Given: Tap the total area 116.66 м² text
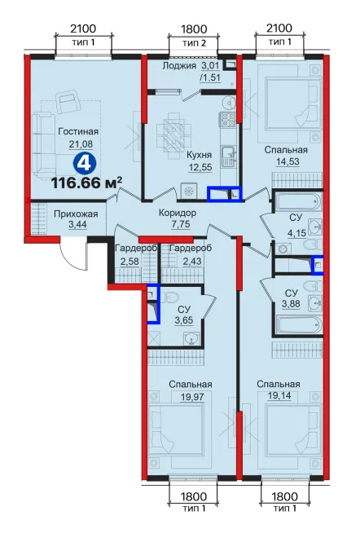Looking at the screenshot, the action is tap(86, 183).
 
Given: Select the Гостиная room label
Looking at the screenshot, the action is tap(78, 131).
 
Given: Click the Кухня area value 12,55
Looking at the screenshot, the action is tap(200, 167).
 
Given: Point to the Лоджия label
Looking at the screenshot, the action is tap(179, 65).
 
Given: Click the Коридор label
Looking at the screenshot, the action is tap(178, 214).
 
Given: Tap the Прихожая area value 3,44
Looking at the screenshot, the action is tap(78, 226).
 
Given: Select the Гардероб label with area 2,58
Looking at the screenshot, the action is tap(135, 249).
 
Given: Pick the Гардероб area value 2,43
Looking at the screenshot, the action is tap(192, 262).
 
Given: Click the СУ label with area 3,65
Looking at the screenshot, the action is tap(184, 309).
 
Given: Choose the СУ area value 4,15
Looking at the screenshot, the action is tap(297, 233).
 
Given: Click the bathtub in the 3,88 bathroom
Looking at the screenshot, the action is tap(299, 326).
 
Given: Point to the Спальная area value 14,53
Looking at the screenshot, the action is tap(288, 161).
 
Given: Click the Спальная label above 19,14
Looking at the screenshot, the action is tap(279, 384).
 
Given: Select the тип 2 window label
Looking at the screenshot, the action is tap(194, 43).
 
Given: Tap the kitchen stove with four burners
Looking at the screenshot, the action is tap(228, 120).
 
